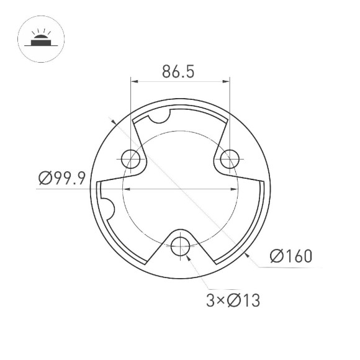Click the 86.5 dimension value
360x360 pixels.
[x=179, y=72]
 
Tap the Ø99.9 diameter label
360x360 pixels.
[x=61, y=179]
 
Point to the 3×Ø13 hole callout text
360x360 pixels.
[x=232, y=301]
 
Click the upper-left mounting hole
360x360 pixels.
[x=131, y=159]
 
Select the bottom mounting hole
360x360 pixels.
[x=181, y=245]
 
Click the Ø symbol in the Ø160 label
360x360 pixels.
[x=277, y=255]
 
